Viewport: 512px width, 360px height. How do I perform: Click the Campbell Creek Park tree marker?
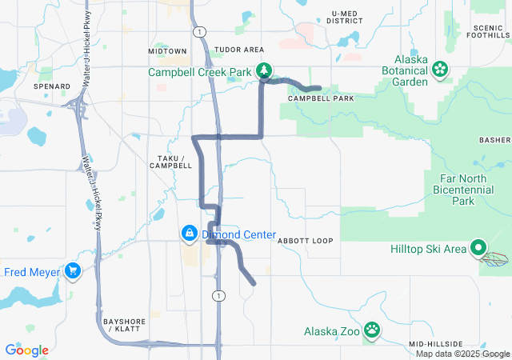pos(263,72)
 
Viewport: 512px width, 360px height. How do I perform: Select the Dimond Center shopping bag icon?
pos(190,234)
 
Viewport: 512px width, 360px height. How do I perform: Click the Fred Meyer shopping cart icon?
pos(74,271)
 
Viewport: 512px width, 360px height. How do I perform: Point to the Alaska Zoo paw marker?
pos(372,330)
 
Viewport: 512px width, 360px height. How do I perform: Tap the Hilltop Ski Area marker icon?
pos(478,248)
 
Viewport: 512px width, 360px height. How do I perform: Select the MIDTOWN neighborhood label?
pos(167,51)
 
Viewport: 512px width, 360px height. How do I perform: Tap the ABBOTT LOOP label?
pos(305,240)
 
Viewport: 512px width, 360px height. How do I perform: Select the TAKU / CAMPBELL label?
pos(170,161)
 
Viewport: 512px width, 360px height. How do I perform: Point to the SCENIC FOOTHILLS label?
pos(489,30)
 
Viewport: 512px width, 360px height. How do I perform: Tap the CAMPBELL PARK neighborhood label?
pos(321,98)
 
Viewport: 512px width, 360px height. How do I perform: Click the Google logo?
pos(26,350)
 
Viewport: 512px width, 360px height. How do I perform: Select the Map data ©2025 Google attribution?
pos(462,354)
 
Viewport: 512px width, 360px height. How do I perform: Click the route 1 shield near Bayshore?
pos(217,296)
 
